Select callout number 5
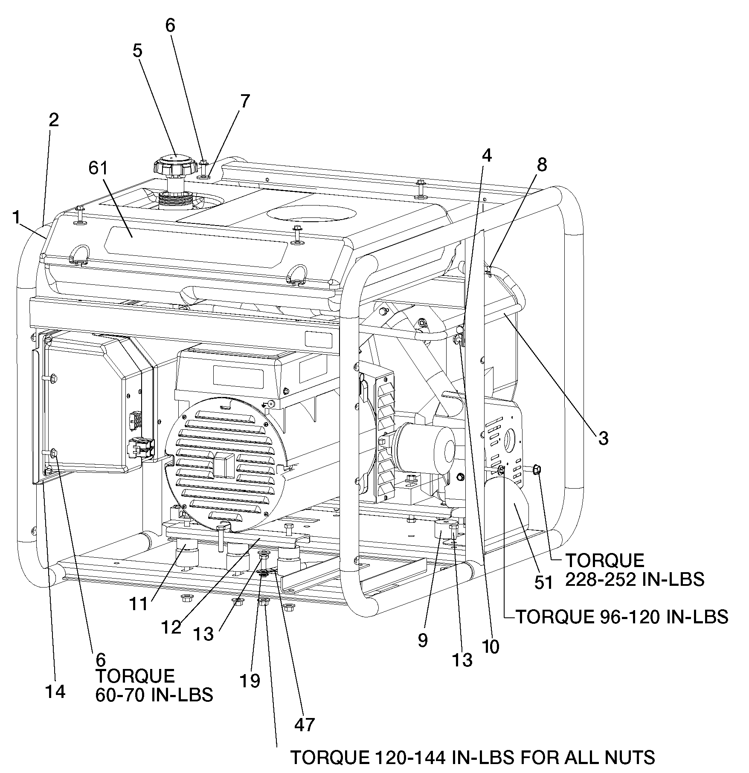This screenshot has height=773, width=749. point(137,51)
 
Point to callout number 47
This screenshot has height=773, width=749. point(305,724)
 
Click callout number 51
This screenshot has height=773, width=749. point(543,583)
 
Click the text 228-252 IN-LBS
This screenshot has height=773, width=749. point(635,579)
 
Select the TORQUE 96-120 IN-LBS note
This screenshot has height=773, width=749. point(622,617)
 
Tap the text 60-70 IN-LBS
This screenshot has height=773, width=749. point(154,695)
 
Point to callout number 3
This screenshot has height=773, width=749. point(603,439)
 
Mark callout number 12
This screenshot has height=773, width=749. point(171,628)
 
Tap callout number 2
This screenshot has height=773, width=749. point(53,121)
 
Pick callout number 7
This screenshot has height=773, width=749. point(245,101)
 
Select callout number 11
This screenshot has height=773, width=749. point(139,604)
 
